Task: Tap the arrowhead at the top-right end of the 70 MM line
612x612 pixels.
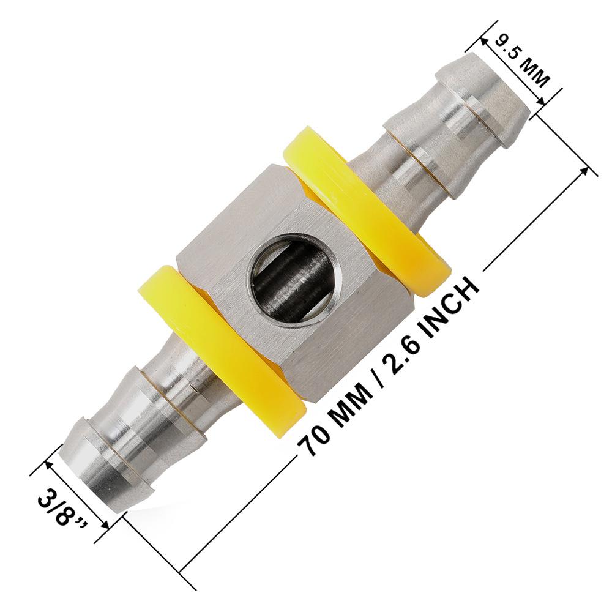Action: coord(591,170)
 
